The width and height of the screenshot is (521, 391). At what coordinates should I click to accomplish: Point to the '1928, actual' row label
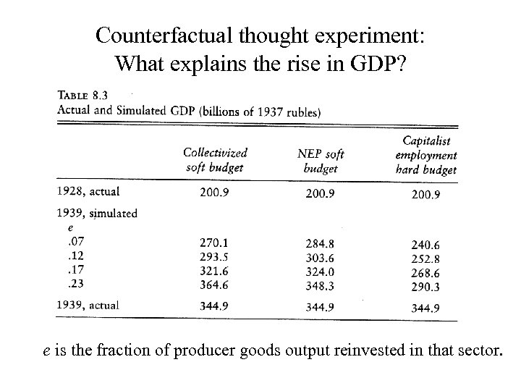pyautogui.click(x=88, y=192)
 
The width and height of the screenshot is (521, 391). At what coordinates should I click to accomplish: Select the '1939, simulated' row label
pyautogui.click(x=96, y=214)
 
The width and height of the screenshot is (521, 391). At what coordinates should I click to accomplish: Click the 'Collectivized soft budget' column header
pyautogui.click(x=215, y=160)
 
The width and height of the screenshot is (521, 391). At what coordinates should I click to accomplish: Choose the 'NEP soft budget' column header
pyautogui.click(x=321, y=161)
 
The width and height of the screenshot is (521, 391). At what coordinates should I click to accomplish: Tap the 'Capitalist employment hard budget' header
pyautogui.click(x=426, y=155)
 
